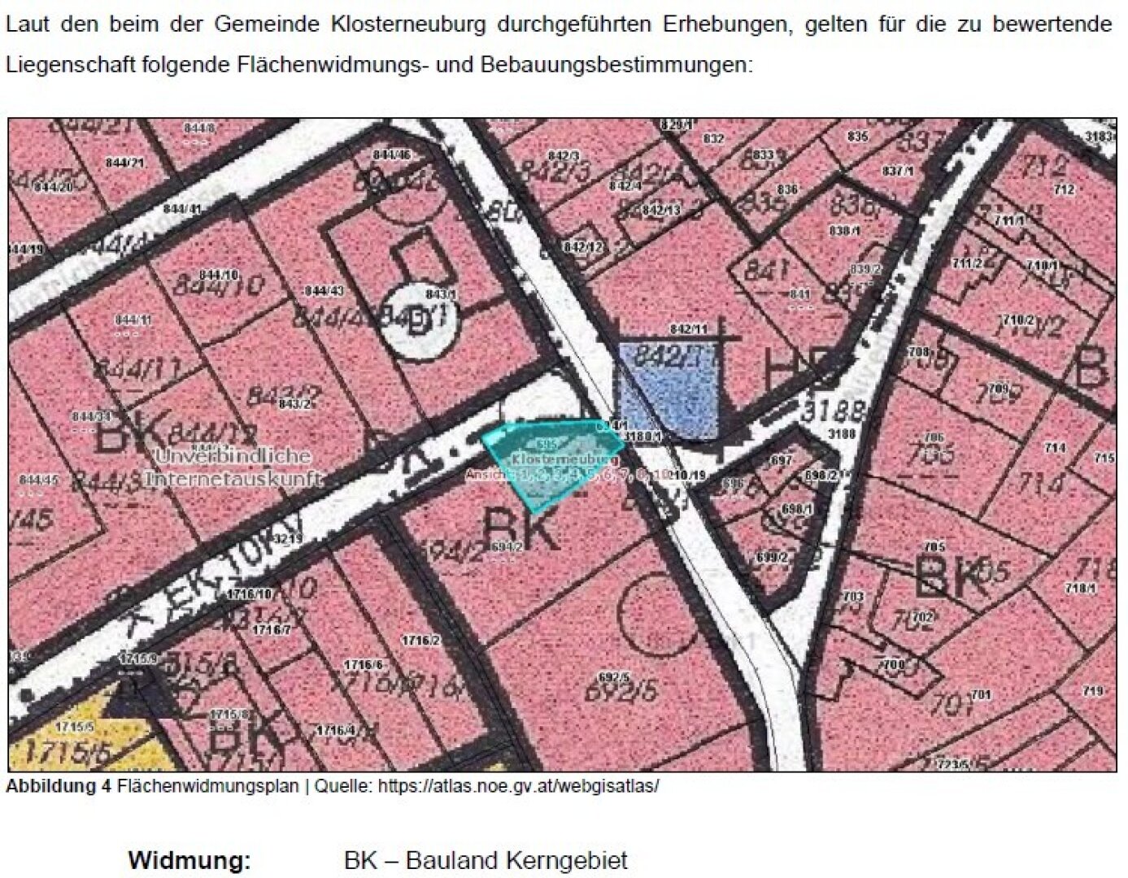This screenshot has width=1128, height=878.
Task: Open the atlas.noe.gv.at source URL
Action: [518, 786]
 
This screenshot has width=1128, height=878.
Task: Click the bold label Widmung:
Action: [189, 860]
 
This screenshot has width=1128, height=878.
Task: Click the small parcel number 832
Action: [713, 139]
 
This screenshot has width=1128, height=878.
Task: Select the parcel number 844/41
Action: [182, 209]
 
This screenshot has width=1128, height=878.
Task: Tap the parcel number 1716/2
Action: [422, 641]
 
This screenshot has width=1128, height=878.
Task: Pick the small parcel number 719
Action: [1093, 692]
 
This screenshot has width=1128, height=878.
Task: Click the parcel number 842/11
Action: [688, 329]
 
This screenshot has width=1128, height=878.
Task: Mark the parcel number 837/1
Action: [898, 171]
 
